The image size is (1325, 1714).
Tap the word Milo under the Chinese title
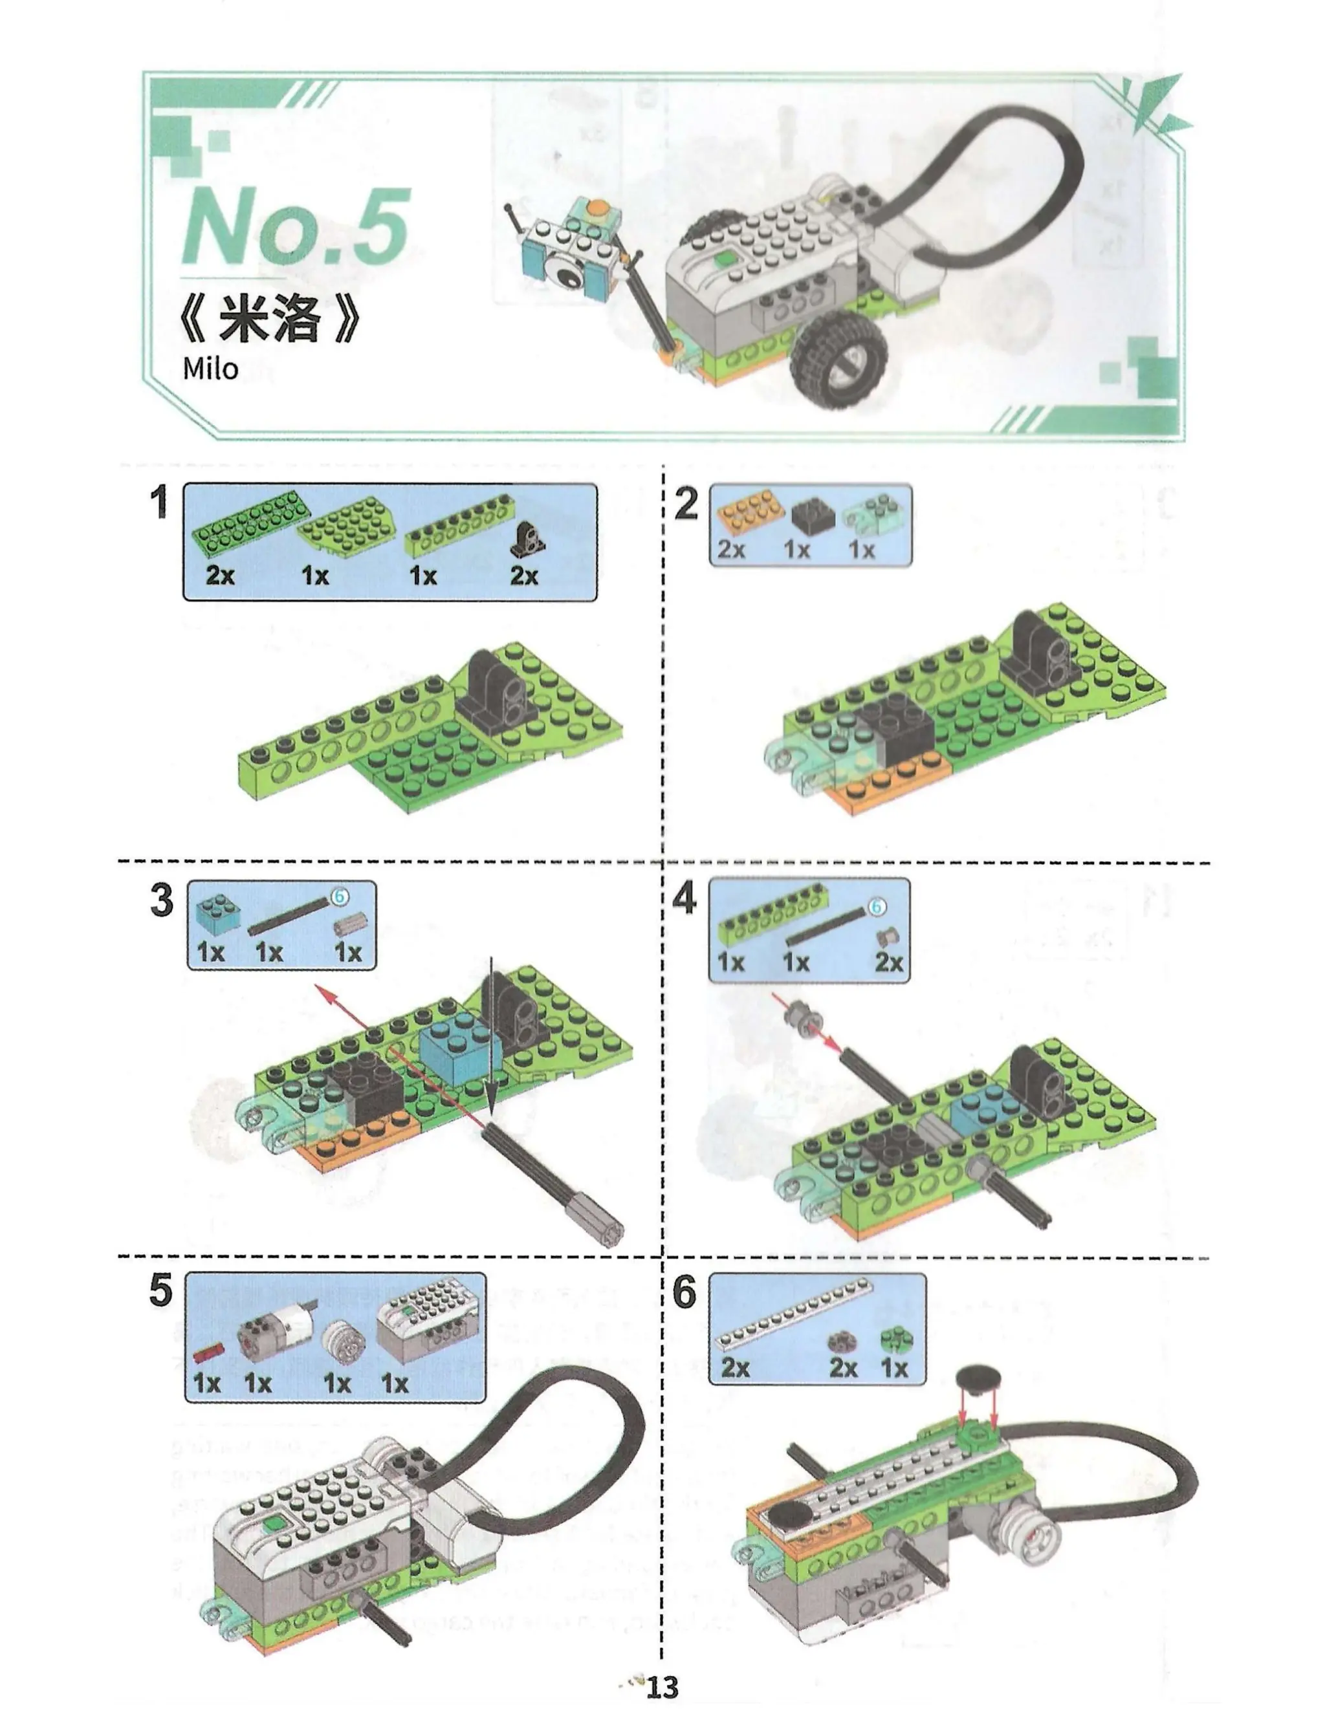point(210,368)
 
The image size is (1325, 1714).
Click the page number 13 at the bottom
point(662,1686)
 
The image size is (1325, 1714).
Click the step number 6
point(684,1292)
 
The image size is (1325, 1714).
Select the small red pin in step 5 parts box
point(209,1351)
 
